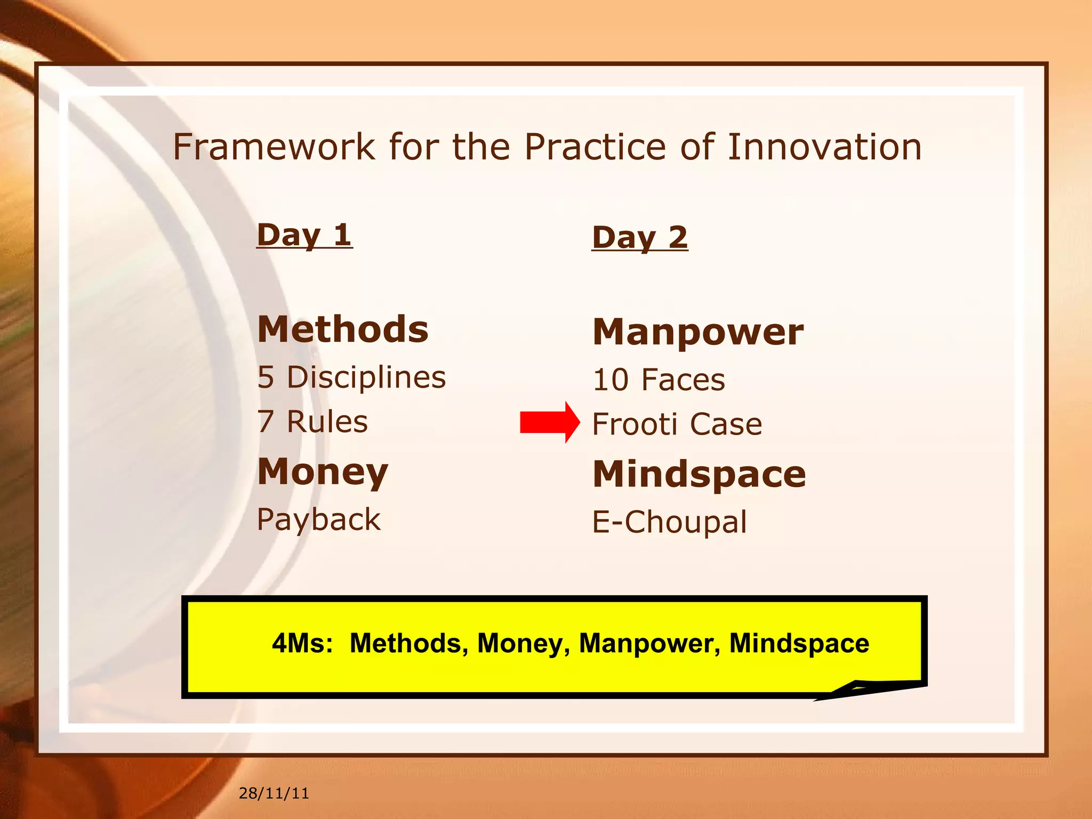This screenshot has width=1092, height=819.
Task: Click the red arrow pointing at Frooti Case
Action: point(549,422)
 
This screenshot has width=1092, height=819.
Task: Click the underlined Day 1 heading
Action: point(304,235)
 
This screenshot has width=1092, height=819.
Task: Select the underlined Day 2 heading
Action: point(640,238)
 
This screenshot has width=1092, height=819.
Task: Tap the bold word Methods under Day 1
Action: point(343,330)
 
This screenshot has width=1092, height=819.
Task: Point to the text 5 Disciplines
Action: point(351,378)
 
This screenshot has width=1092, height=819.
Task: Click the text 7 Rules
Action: point(312,422)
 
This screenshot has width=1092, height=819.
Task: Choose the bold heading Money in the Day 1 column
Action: point(323,472)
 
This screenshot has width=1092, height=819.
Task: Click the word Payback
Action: point(319,519)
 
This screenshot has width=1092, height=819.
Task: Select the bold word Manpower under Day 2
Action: point(698,332)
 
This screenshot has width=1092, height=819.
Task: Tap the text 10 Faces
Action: point(659,380)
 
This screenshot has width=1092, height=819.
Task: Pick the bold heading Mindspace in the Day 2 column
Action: point(699,474)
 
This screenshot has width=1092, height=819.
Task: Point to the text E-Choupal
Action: point(670,522)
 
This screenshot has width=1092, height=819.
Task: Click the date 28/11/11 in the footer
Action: point(274,793)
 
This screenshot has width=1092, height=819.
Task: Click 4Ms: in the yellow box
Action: point(302,643)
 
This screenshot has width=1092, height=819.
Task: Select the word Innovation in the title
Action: point(824,147)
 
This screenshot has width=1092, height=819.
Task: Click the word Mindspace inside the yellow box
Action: point(799,643)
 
